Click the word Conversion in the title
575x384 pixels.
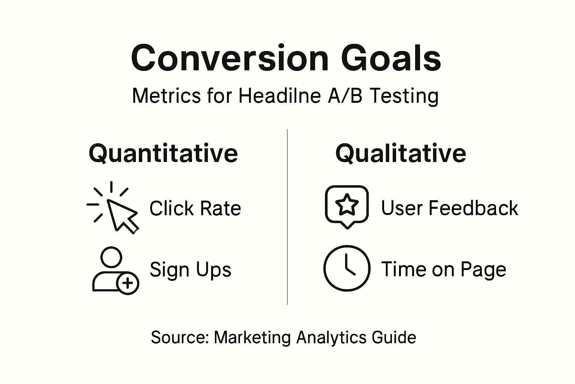229,58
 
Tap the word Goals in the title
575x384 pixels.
391,58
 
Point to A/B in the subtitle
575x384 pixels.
345,96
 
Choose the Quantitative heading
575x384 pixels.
163,153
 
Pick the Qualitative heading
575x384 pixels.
401,153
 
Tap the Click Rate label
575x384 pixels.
195,208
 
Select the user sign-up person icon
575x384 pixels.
112,270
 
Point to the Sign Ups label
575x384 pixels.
191,270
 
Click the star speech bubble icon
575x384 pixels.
347,206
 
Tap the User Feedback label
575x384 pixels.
450,208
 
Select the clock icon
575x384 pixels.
347,268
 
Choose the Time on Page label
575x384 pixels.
444,270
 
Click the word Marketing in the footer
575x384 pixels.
252,337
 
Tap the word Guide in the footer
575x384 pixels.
394,337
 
